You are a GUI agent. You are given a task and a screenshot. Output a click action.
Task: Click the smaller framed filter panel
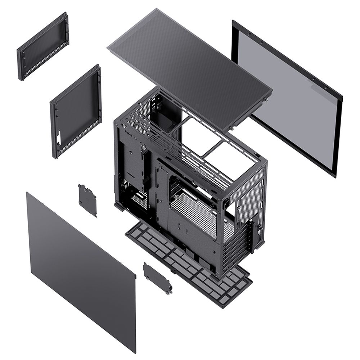(42, 46)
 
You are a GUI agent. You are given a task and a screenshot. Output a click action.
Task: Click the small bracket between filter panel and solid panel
(87, 200)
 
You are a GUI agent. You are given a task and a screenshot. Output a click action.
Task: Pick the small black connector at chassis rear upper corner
(226, 203)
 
